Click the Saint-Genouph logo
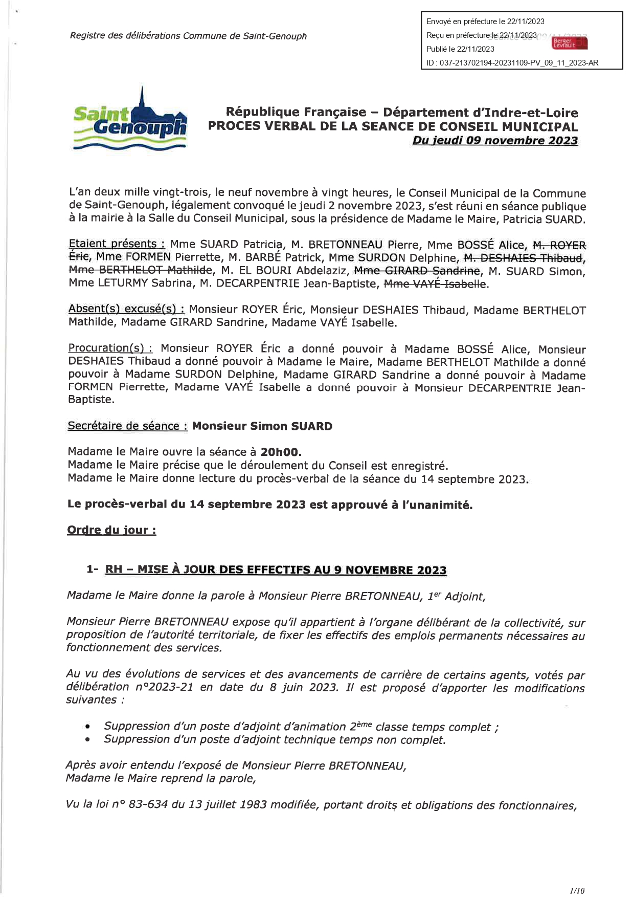click(130, 122)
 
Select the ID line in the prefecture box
click(512, 63)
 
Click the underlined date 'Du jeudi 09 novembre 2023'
click(495, 141)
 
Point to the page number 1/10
click(577, 890)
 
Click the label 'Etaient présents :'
click(117, 244)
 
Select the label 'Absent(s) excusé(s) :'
click(126, 309)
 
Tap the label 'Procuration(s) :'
click(110, 348)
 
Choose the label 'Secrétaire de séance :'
click(127, 426)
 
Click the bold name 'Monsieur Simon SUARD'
click(262, 426)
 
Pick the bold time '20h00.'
click(281, 452)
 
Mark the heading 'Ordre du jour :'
click(111, 530)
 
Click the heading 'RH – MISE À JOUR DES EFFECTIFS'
click(276, 570)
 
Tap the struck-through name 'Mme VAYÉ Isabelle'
click(435, 284)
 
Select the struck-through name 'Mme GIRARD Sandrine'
click(417, 271)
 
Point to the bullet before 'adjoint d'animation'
click(88, 727)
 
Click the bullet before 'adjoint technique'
click(88, 740)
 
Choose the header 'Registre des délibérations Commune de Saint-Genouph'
click(188, 36)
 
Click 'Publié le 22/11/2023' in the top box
click(460, 49)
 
